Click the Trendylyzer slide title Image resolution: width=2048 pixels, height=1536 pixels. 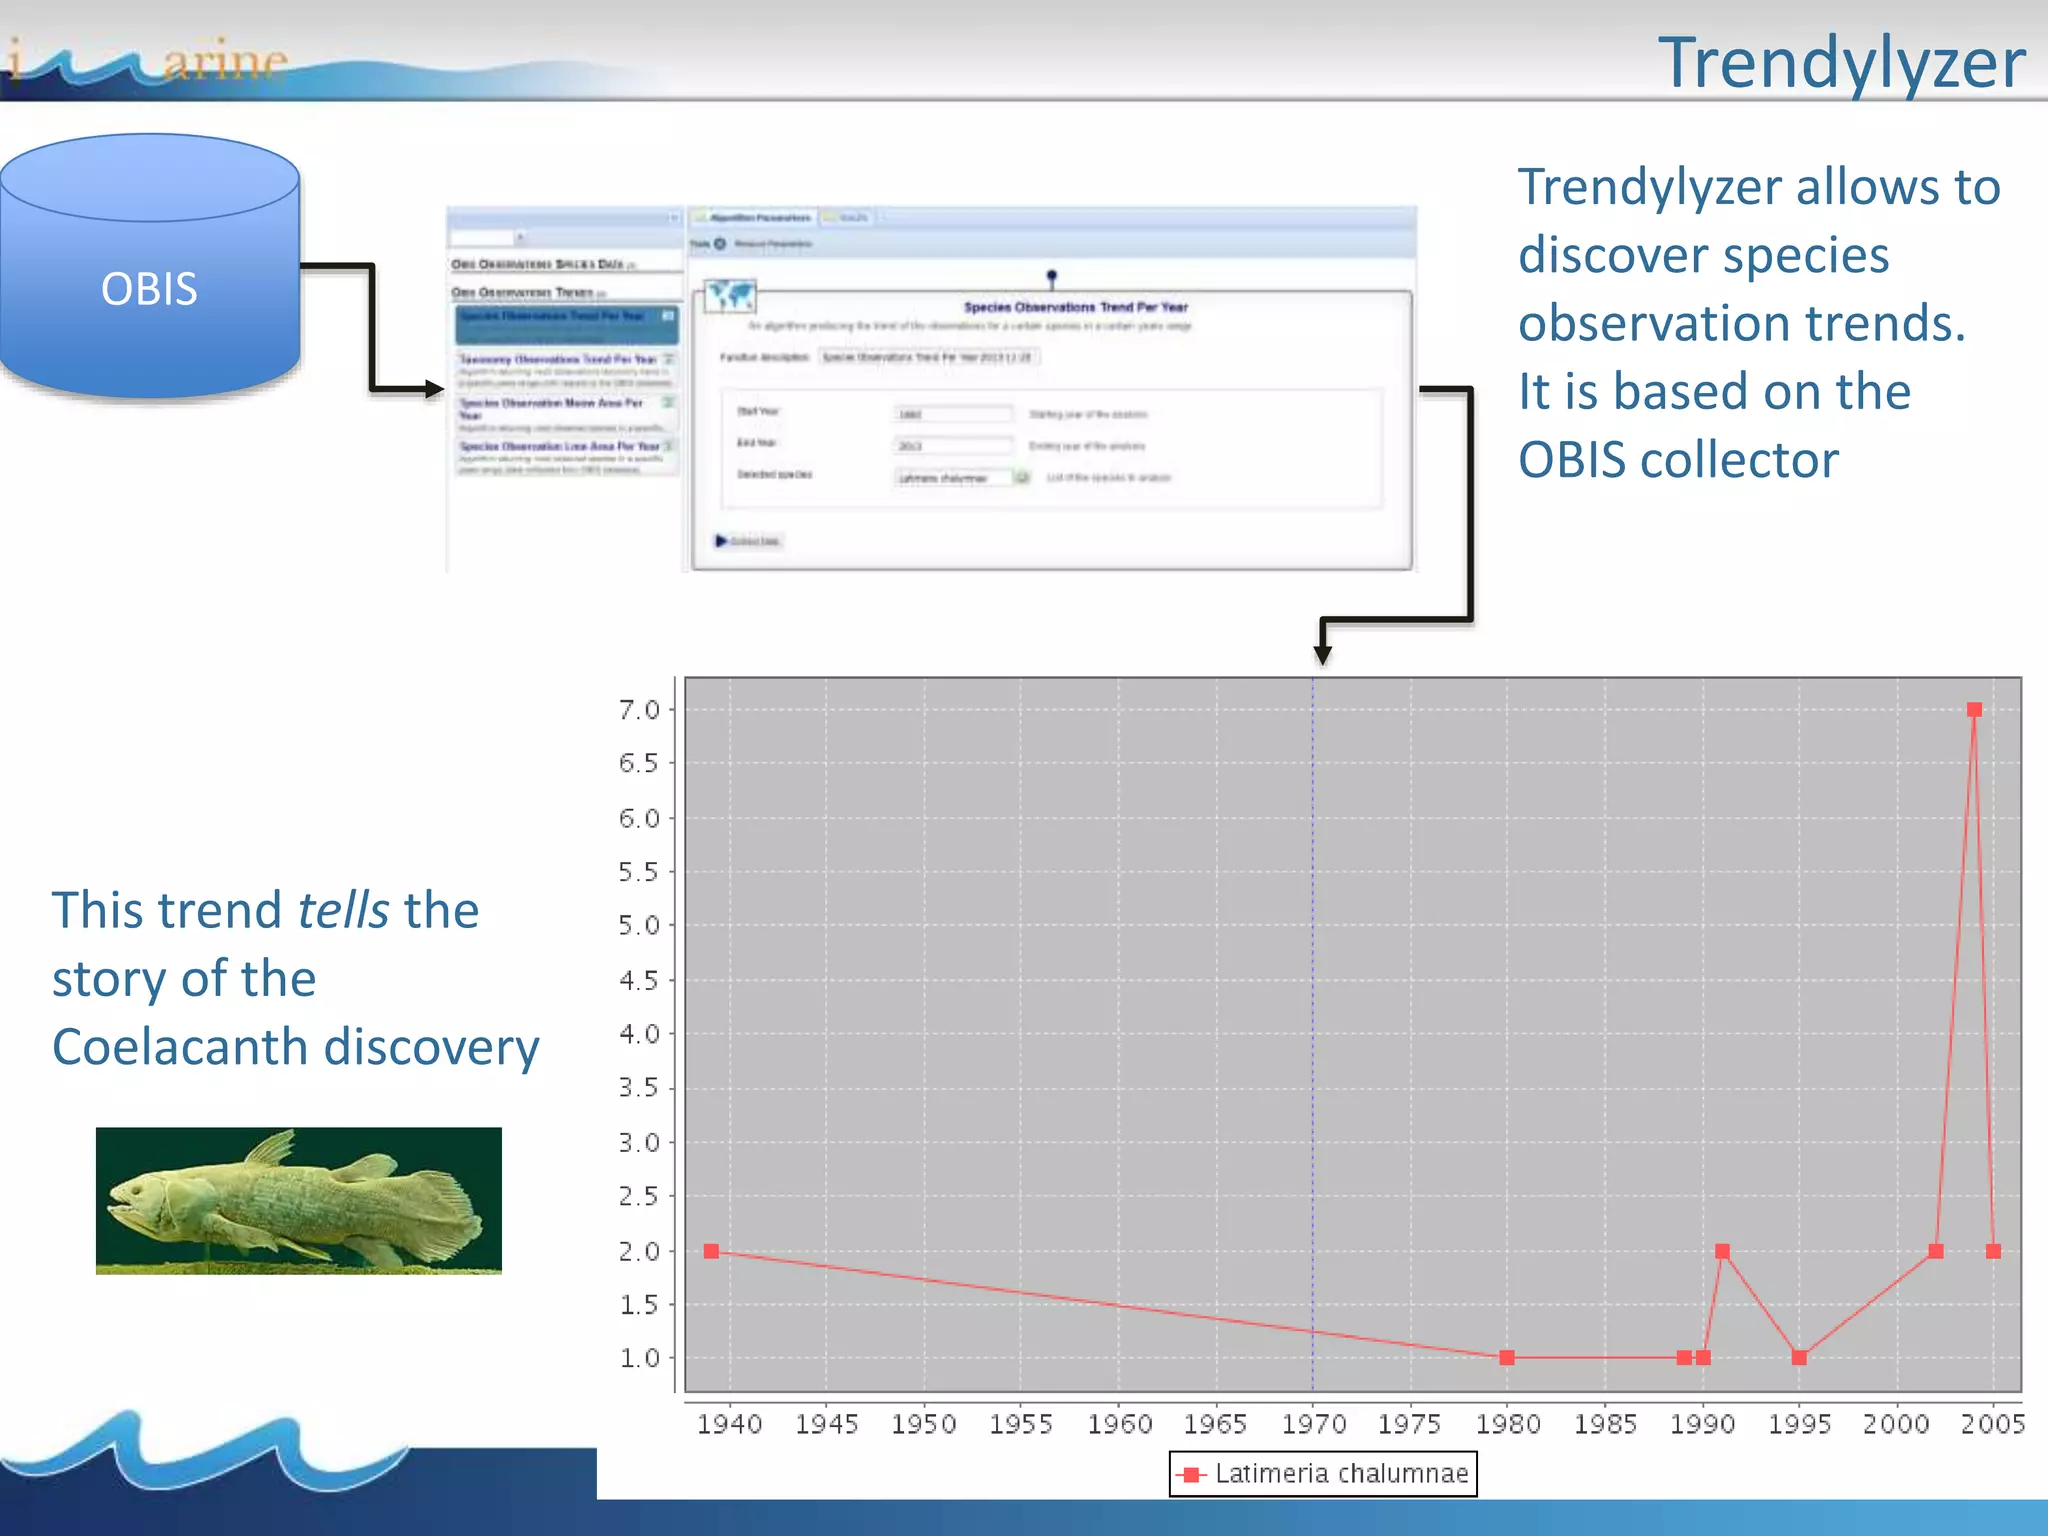coord(1841,63)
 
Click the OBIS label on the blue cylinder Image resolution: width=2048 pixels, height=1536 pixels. coord(149,289)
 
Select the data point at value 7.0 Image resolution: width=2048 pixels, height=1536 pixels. coord(1974,710)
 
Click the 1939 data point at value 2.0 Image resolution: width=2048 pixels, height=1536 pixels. coord(711,1251)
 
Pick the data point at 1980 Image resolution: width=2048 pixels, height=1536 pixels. coord(1507,1358)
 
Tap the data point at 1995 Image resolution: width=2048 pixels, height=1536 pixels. coord(1799,1358)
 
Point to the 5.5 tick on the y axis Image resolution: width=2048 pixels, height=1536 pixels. coord(639,872)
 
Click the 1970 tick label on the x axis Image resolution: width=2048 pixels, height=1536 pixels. coord(1313,1423)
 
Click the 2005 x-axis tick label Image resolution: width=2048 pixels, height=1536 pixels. coord(1992,1423)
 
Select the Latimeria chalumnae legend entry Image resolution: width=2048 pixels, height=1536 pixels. coord(1323,1473)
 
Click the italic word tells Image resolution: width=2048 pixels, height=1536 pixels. coord(343,911)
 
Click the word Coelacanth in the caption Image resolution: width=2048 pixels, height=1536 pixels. coord(180,1047)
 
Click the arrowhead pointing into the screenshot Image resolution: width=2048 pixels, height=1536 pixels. coord(435,388)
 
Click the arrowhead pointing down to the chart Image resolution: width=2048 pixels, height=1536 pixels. coord(1322,655)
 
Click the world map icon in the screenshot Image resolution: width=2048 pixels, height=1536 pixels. coord(729,296)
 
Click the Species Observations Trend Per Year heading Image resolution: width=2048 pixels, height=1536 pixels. coord(1075,307)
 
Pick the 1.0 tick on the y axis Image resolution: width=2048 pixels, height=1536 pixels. coord(639,1358)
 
